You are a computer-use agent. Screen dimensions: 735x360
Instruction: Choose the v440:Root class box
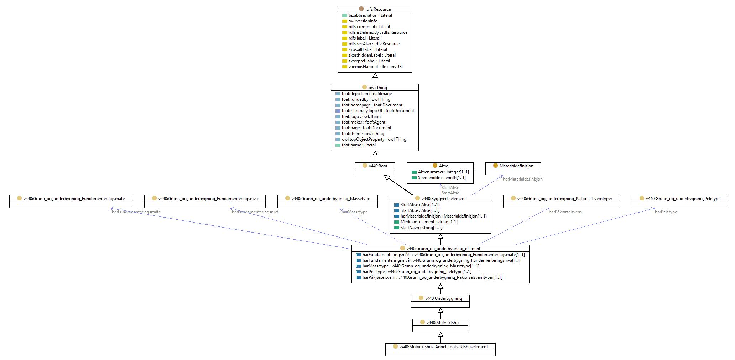(375, 169)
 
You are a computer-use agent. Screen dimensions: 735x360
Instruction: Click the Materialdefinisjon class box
(513, 169)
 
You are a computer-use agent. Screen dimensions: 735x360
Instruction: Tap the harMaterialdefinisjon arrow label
(523, 179)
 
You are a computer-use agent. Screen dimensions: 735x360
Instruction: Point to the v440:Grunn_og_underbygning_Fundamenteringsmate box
(71, 202)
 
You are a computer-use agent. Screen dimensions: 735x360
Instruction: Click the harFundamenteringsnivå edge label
(255, 212)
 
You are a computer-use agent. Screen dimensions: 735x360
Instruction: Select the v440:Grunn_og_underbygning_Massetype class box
(327, 202)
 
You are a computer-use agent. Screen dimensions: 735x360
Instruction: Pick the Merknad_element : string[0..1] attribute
(426, 222)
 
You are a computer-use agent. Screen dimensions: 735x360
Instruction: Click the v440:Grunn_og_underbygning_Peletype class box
(680, 202)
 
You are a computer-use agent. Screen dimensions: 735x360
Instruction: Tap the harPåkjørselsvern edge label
(565, 212)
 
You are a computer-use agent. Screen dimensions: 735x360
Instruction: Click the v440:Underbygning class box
(440, 301)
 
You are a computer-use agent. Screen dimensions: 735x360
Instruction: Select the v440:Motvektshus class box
(440, 325)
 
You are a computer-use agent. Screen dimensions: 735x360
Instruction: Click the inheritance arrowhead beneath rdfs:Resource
(375, 75)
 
